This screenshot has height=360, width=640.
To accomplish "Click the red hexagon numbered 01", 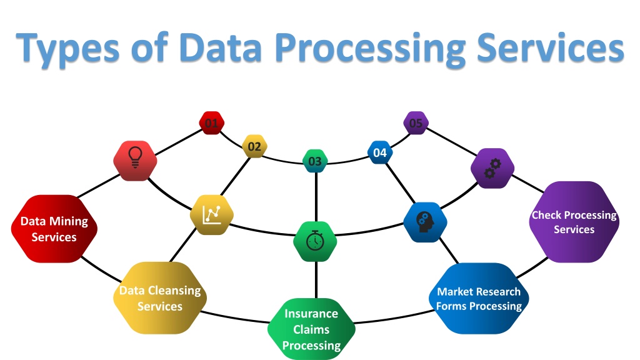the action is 211,123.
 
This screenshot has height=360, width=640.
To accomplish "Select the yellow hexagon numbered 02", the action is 254,146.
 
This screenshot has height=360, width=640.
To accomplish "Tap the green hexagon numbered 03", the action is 315,161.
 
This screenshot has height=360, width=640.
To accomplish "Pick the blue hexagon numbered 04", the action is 380,152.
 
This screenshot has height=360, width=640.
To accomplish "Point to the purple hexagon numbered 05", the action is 416,123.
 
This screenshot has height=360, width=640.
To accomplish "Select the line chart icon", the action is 212,215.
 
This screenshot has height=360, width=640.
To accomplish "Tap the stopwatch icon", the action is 315,241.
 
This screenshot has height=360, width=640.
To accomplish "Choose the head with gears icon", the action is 425,222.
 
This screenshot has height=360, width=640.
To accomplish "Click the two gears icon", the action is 492,168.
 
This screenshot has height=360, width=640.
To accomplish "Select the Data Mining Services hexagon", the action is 54,229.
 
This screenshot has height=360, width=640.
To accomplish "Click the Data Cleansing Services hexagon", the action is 160,298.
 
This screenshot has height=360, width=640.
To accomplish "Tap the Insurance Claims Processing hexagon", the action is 311,329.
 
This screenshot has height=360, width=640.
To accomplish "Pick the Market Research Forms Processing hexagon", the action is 479,298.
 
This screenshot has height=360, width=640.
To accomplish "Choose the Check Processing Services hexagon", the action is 574,222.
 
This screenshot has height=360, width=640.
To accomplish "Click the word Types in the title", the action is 67,49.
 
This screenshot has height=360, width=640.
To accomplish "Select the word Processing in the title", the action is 370,49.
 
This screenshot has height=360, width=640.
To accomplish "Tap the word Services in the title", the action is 551,47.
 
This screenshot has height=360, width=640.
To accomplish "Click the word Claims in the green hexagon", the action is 311,329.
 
